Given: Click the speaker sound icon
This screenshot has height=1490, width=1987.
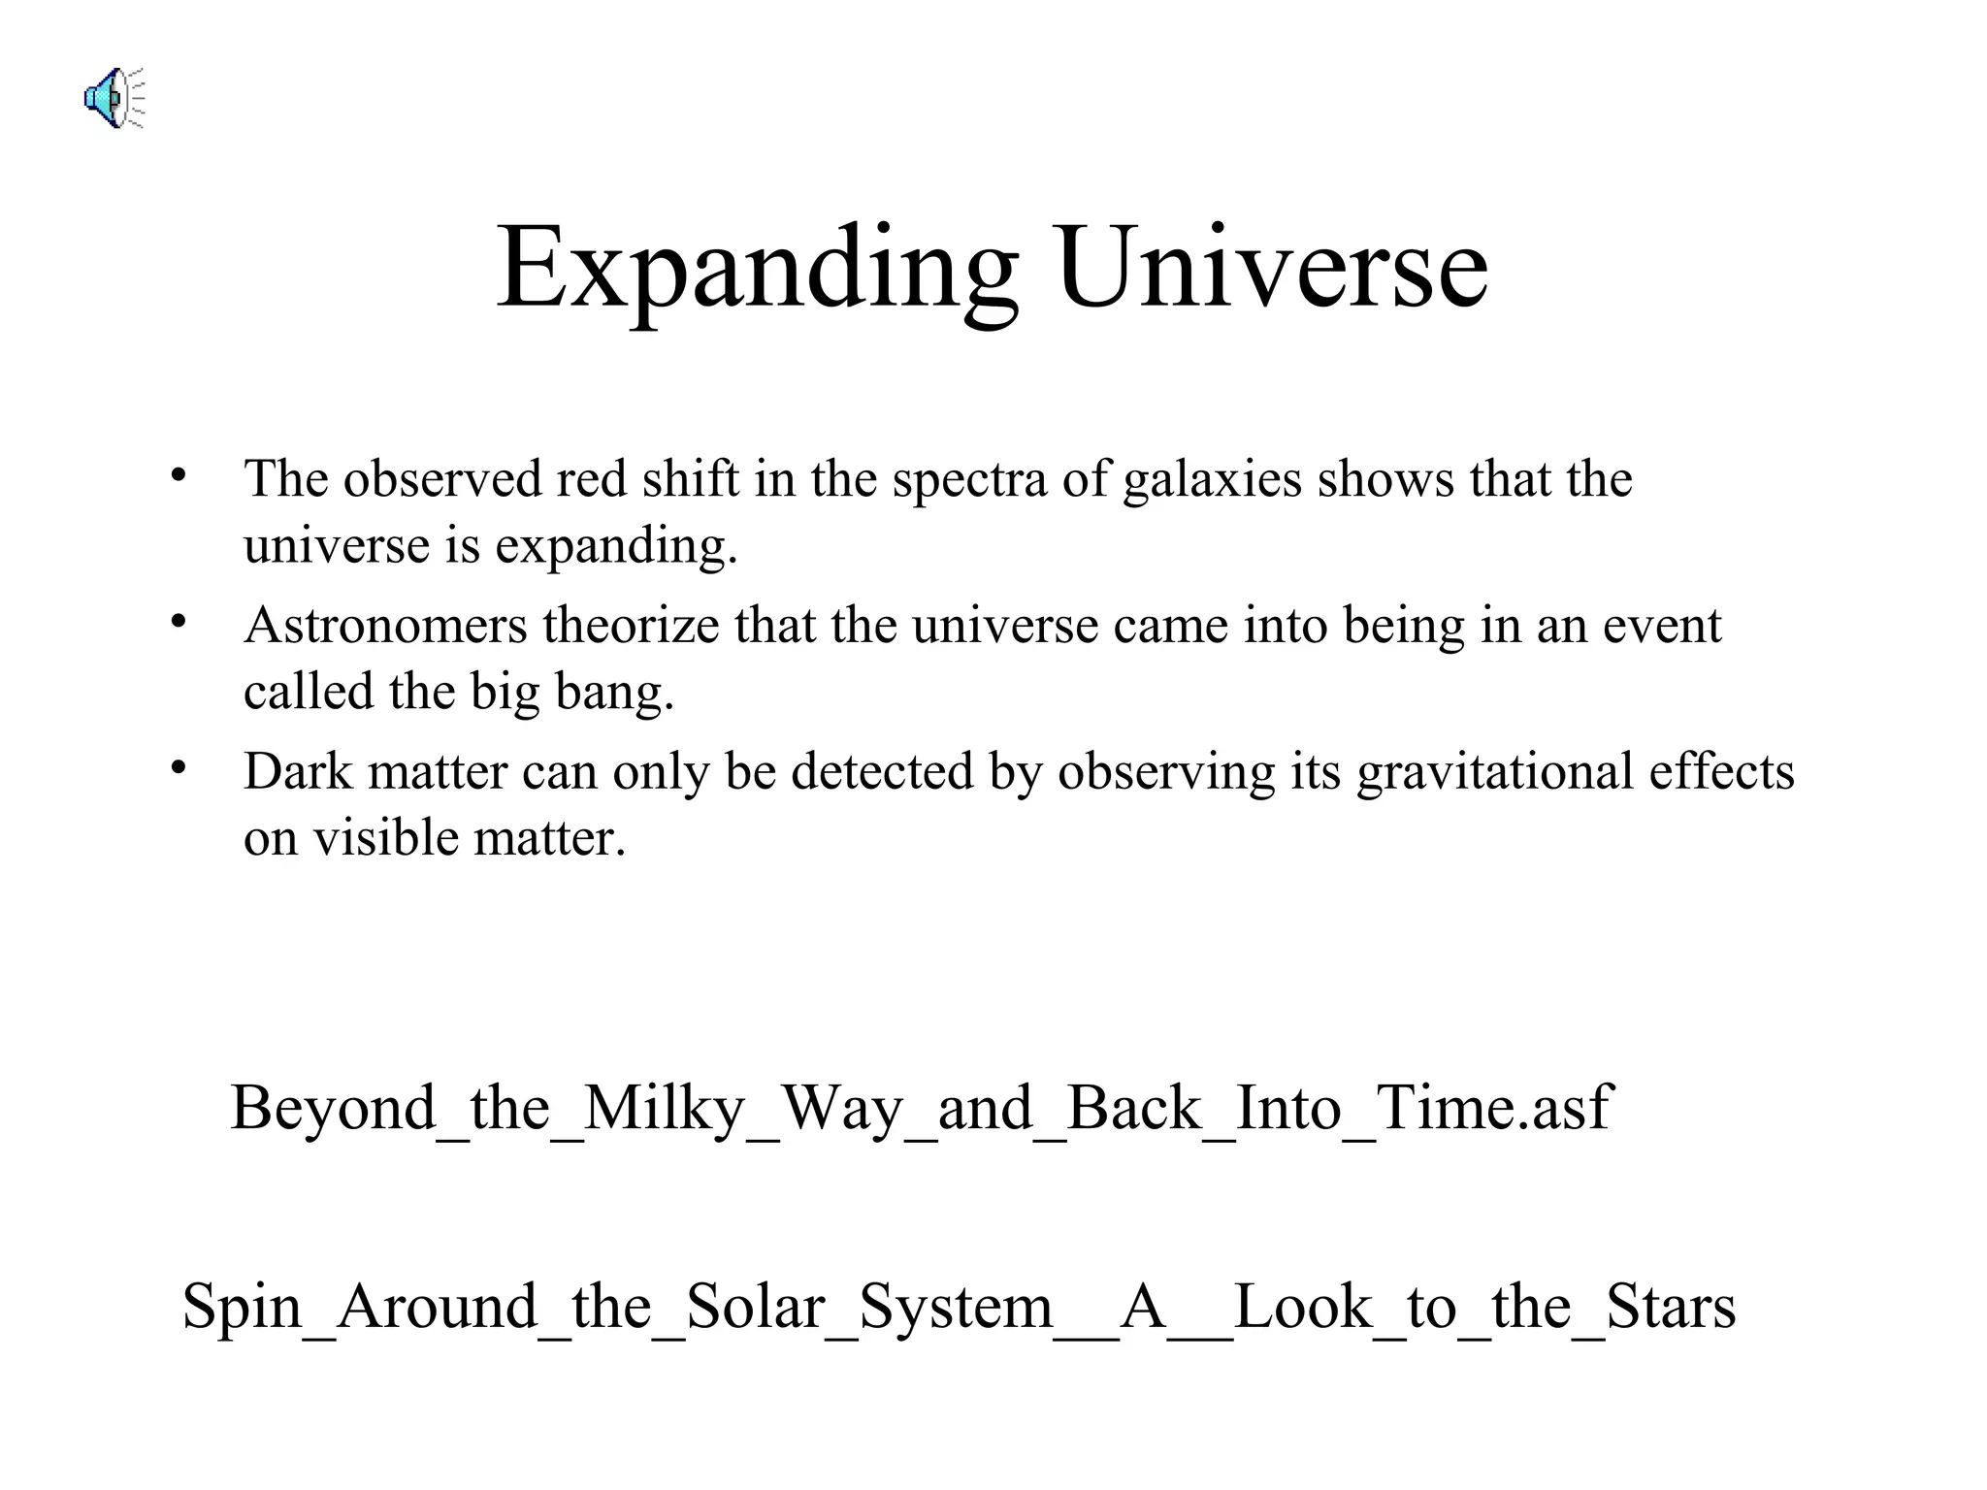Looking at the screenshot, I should point(113,98).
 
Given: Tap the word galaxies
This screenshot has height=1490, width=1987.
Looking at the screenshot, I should point(1212,480).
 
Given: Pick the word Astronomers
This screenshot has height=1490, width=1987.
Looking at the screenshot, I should point(385,626).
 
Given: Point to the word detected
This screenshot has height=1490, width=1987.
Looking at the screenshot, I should point(882,772).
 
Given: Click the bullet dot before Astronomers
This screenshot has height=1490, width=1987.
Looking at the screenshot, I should point(178,622).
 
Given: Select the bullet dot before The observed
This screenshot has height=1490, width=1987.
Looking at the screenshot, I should point(178,475).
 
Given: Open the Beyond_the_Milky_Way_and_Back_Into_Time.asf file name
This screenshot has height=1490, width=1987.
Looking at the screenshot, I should point(921,1108).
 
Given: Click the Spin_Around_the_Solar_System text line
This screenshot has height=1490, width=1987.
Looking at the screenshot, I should point(959,1307).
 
